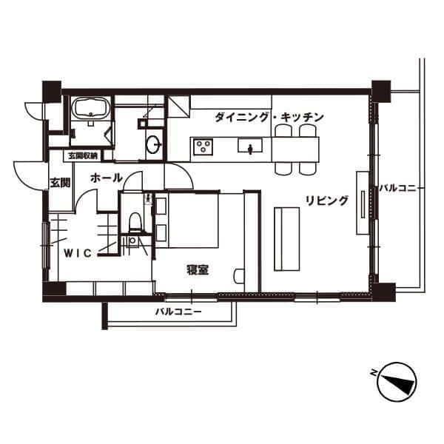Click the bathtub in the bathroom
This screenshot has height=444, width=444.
(90, 108)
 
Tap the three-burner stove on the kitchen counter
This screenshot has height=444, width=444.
(203, 147)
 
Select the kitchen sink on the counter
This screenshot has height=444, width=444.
(250, 147)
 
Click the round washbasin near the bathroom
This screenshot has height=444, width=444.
(154, 144)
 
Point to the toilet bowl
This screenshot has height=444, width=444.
(135, 221)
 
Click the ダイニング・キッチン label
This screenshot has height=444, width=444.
(269, 117)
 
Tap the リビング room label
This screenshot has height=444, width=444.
(326, 201)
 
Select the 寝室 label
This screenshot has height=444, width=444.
(198, 270)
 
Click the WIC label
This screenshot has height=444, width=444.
(78, 253)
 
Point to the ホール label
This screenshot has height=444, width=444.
(106, 178)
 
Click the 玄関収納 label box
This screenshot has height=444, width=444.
(83, 155)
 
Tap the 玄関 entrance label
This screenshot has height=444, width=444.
(61, 183)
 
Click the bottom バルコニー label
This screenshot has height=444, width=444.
(178, 312)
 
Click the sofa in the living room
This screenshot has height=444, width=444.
(287, 239)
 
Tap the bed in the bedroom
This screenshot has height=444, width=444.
(187, 221)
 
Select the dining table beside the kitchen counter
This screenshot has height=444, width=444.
(295, 149)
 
